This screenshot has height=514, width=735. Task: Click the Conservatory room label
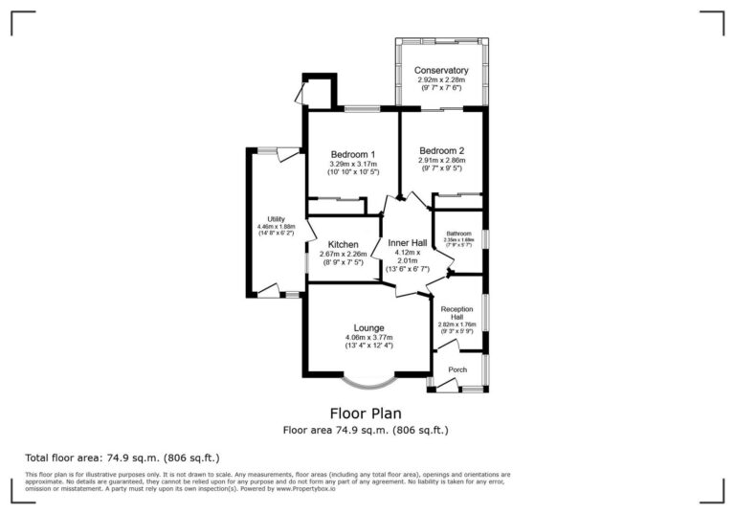[441, 71]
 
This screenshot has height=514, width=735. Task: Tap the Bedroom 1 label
[352, 154]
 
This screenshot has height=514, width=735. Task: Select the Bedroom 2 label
[441, 150]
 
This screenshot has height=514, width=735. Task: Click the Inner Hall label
[407, 243]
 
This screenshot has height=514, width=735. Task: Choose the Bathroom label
[458, 233]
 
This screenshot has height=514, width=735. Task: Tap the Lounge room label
[367, 327]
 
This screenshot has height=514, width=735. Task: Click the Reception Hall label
[457, 313]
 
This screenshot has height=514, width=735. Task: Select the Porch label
[457, 369]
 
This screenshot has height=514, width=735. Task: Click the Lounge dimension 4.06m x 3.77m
[367, 337]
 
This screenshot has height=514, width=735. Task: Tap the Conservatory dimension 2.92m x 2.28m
[441, 80]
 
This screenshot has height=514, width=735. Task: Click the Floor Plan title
[366, 414]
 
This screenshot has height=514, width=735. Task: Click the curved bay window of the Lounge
[368, 384]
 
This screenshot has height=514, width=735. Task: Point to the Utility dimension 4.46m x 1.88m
[276, 227]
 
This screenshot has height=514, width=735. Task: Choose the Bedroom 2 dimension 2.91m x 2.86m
[441, 160]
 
